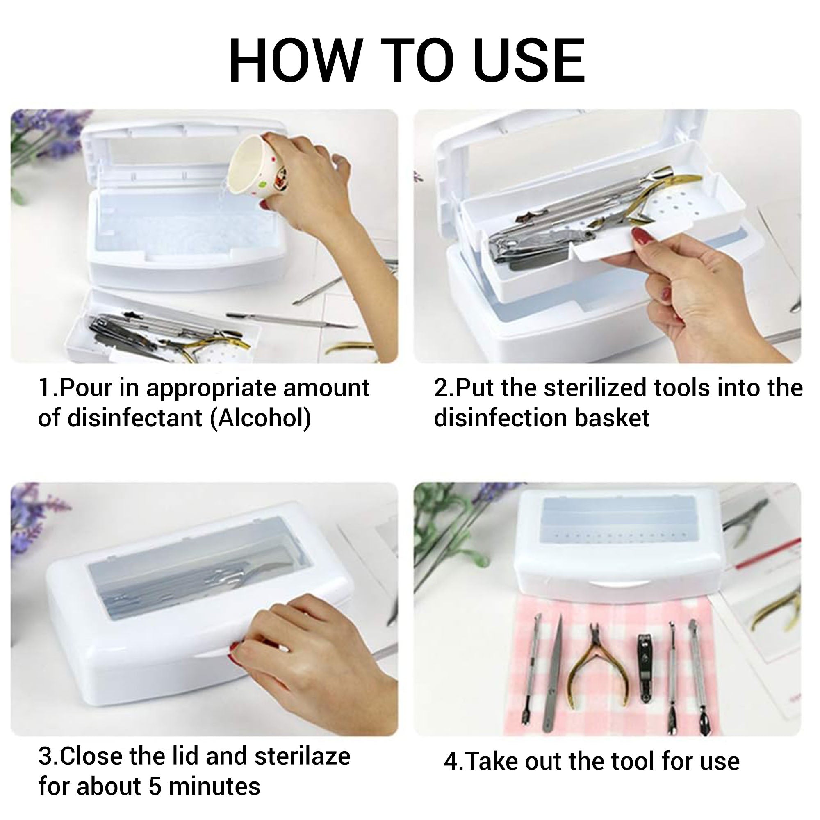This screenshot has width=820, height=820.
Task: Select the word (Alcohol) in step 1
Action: (x=261, y=419)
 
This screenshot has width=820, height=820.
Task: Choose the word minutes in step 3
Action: (x=214, y=786)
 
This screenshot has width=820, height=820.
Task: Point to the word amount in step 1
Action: (x=326, y=388)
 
